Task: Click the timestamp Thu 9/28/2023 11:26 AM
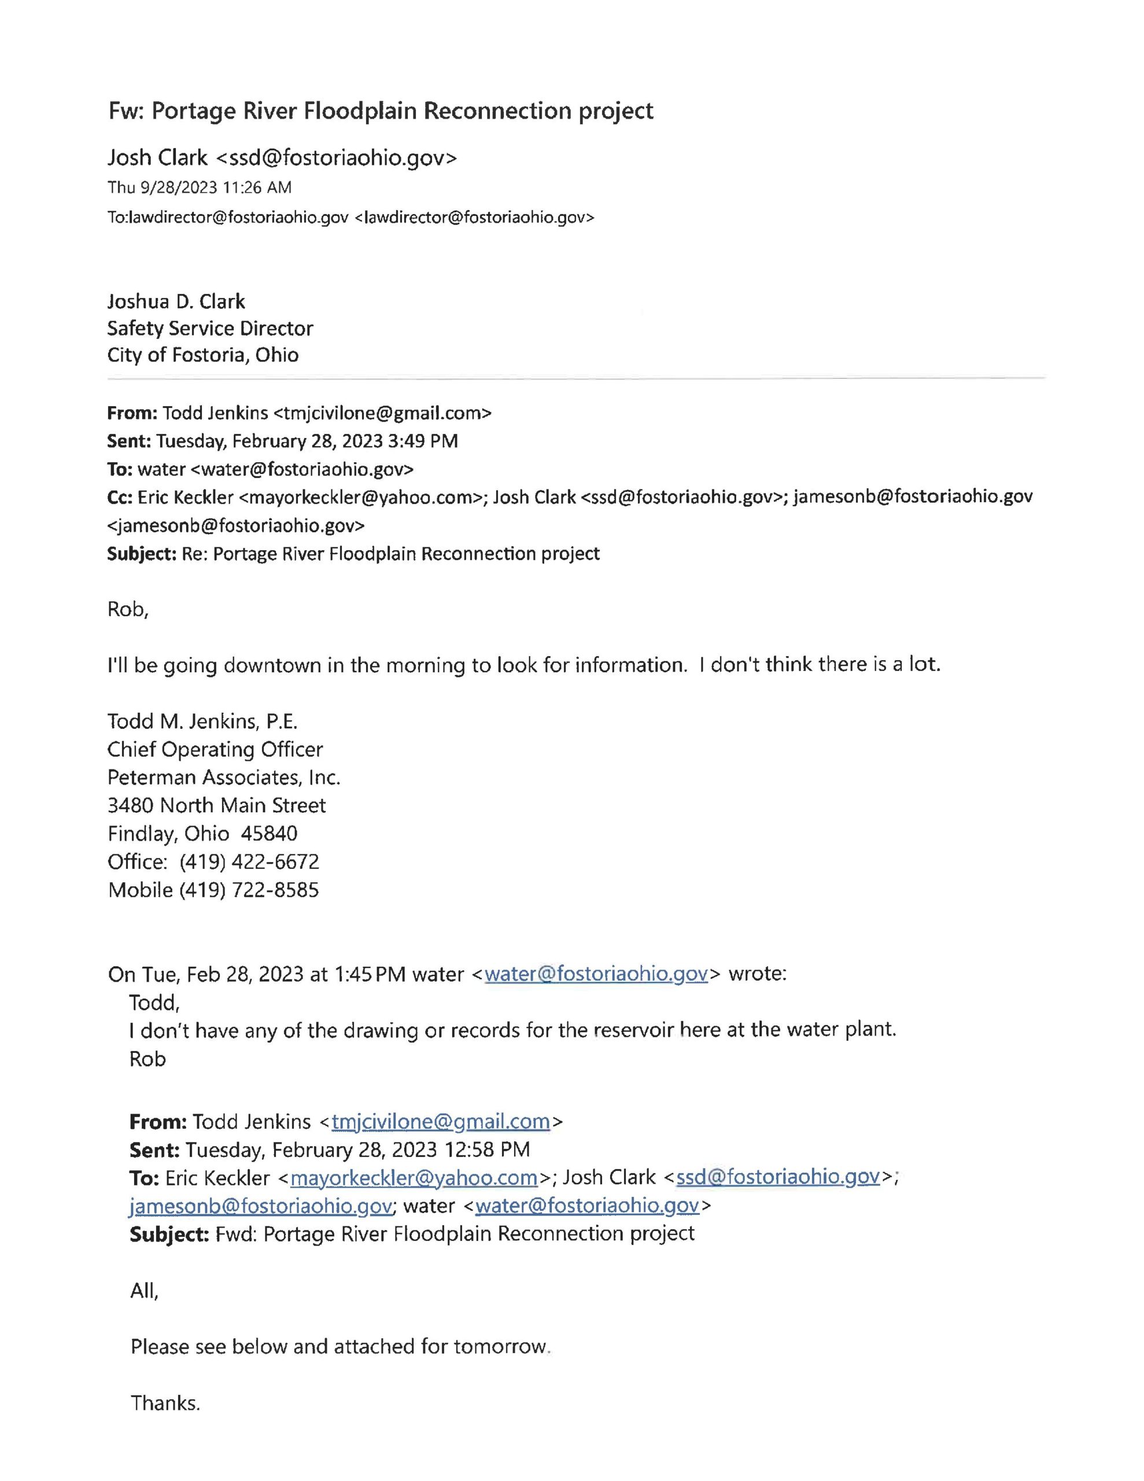200,187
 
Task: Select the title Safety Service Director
209,328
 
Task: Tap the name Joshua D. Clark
176,301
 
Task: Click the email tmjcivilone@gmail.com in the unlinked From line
382,412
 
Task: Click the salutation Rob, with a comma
127,609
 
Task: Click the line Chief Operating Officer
215,749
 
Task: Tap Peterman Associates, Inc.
224,777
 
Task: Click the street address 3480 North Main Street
216,806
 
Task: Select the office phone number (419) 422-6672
249,861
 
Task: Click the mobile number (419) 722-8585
249,890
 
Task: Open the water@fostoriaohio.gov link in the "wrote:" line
596,974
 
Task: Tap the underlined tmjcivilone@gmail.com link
440,1122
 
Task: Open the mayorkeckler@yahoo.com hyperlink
414,1177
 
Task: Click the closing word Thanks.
165,1402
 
